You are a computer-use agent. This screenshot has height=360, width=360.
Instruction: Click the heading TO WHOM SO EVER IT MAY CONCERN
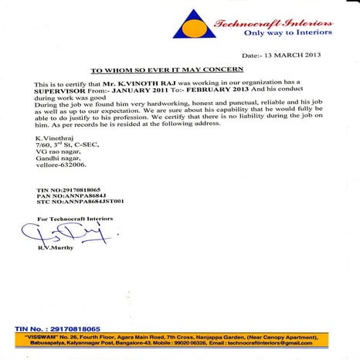pyautogui.click(x=180, y=69)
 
